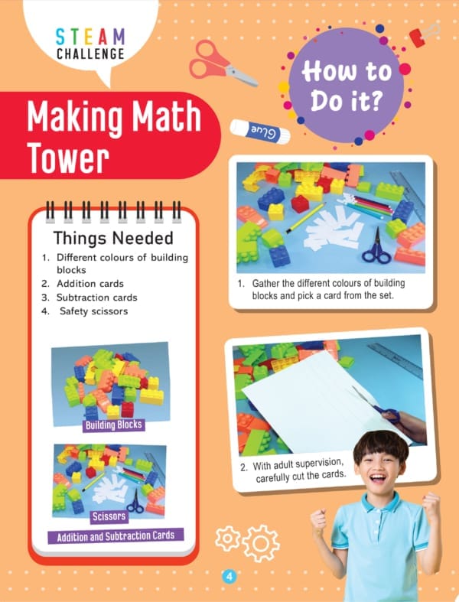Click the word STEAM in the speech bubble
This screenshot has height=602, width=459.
click(90, 37)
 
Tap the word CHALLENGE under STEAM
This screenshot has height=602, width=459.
click(90, 54)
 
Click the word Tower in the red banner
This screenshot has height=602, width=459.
click(68, 158)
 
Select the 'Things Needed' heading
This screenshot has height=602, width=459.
click(113, 238)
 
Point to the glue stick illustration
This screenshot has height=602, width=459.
click(260, 132)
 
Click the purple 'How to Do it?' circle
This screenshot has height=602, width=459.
click(347, 85)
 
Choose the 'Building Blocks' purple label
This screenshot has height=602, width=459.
click(114, 425)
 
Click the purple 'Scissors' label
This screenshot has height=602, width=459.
click(109, 516)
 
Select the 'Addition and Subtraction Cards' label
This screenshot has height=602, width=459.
click(116, 536)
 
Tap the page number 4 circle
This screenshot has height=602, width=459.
click(229, 577)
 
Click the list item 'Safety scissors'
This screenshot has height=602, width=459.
click(94, 311)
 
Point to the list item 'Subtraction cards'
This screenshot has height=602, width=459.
click(97, 298)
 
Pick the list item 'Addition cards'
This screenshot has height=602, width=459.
click(90, 284)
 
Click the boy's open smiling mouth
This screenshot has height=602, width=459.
click(378, 479)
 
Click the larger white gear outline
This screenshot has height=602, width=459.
click(261, 543)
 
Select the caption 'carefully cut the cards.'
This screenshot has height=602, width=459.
click(301, 477)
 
